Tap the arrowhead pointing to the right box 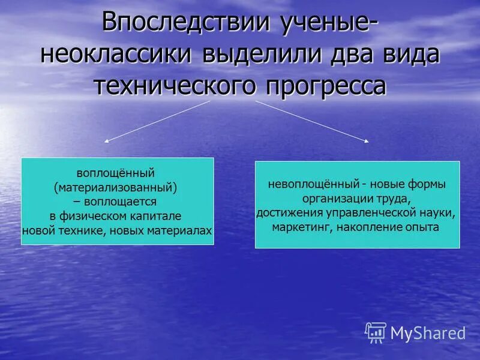pyautogui.click(x=367, y=141)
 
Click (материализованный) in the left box pyautogui.click(x=118, y=188)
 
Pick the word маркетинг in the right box pyautogui.click(x=302, y=227)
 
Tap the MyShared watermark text pyautogui.click(x=428, y=332)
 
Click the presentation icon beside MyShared pyautogui.click(x=376, y=332)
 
